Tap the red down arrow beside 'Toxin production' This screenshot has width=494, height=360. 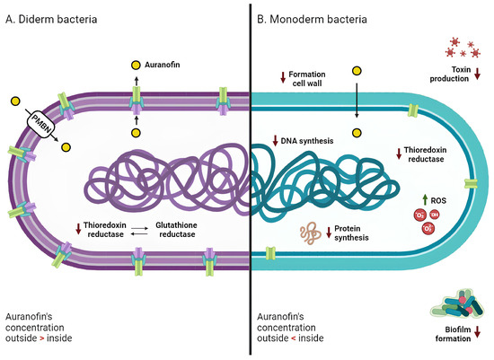(x=477, y=79)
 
